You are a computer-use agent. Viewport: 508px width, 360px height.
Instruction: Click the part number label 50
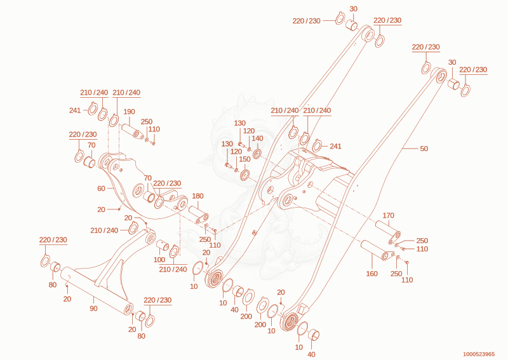pos(424,149)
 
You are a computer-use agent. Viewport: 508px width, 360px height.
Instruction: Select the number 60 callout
pos(101,189)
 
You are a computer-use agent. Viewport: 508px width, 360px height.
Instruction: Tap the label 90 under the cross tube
pos(93,309)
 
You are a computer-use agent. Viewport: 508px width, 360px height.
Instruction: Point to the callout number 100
pos(159,260)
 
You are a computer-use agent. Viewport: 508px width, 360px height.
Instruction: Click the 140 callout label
pos(257,138)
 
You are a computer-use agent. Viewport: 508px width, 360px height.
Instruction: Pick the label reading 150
pos(244,159)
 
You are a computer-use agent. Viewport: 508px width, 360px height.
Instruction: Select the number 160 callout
pos(371,274)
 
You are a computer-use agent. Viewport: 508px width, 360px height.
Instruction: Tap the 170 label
pos(388,215)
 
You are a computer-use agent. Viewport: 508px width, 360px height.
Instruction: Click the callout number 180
pos(197,196)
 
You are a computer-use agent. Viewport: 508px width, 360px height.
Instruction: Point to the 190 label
pos(129,112)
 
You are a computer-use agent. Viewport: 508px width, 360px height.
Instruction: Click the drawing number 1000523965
pos(479,354)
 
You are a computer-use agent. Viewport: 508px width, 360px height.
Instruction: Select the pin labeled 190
pos(133,131)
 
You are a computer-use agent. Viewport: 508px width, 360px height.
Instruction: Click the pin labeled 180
pos(198,214)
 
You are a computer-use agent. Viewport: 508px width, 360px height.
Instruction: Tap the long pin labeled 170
pos(388,232)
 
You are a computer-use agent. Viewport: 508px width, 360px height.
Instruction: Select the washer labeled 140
pos(257,154)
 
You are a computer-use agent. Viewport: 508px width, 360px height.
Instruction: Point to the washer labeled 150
pos(244,175)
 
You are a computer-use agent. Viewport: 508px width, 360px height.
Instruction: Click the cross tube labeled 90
pos(97,290)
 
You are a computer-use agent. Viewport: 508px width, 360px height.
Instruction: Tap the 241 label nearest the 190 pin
pos(74,110)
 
